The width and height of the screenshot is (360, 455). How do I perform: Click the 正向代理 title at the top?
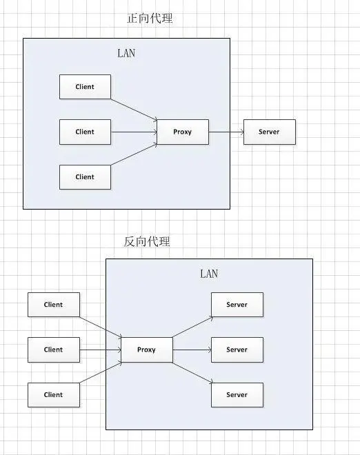coord(150,19)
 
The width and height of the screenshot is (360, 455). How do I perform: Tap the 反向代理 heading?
coord(147,241)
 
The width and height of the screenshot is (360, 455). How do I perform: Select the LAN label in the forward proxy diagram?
coord(126,53)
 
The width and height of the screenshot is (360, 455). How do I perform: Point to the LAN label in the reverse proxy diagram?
coord(209,274)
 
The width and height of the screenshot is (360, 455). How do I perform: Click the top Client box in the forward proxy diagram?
coord(85,87)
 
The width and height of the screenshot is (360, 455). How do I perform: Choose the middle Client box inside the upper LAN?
coord(85,132)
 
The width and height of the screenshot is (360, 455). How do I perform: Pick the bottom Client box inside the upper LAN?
coord(85,177)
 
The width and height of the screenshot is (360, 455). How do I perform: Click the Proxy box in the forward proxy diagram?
coord(183,132)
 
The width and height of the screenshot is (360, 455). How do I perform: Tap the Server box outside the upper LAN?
coord(270,132)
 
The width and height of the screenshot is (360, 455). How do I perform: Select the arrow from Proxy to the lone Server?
coord(226,132)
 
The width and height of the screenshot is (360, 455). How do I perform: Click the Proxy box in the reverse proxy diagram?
coord(147,350)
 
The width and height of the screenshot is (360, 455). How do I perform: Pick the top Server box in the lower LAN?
coord(237,305)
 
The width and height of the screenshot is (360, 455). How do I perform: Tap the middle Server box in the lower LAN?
coord(237,350)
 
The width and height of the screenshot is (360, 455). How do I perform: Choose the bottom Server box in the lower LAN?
coord(237,395)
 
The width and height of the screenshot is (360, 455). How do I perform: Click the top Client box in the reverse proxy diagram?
coord(54,305)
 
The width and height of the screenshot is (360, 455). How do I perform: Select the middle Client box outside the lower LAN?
coord(54,350)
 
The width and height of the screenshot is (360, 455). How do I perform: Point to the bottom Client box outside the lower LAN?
coord(54,395)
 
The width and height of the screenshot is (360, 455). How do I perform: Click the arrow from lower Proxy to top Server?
coord(193,327)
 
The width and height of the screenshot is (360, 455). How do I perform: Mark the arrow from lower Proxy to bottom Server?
coord(193,372)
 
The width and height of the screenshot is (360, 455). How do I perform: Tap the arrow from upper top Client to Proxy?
coord(134,110)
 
